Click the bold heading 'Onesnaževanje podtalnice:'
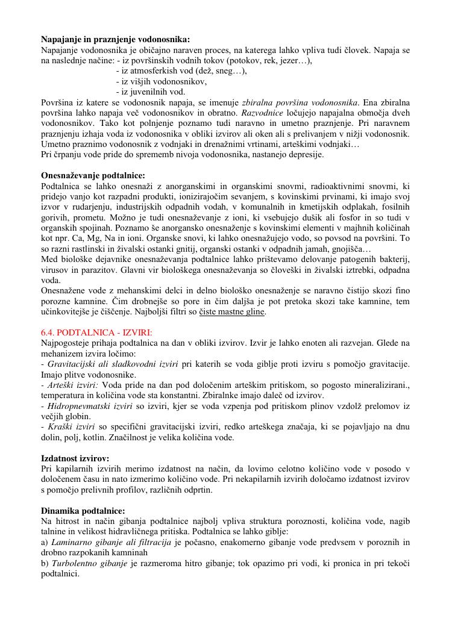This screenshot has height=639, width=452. click(x=93, y=176)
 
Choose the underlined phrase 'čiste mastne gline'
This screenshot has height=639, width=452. click(x=232, y=313)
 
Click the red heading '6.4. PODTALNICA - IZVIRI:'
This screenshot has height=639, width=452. click(x=96, y=333)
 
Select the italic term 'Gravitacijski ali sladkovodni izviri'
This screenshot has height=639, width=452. click(x=112, y=364)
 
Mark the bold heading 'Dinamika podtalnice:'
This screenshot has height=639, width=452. click(x=83, y=511)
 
